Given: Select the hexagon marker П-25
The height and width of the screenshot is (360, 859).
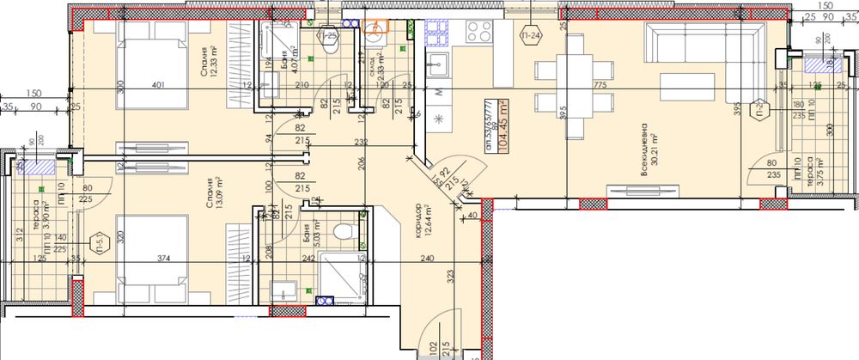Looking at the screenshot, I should point(329,36).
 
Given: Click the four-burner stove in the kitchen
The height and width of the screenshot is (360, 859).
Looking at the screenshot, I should point(478,32).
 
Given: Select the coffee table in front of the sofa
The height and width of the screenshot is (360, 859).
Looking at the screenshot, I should point(687,87).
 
